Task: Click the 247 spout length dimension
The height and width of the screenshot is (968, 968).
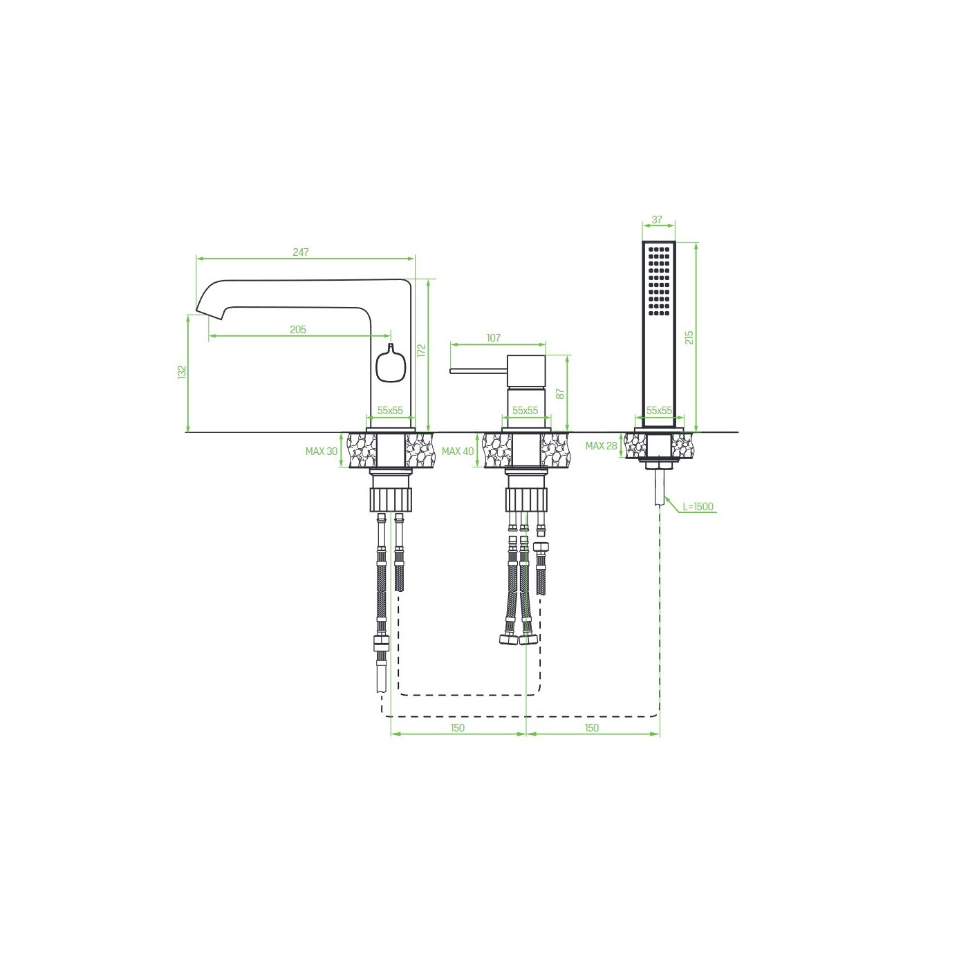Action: pos(300,252)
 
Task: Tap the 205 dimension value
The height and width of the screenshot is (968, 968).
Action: pos(298,330)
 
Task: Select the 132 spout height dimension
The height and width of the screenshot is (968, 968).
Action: pos(183,372)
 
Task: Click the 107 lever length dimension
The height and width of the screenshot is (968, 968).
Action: pos(494,338)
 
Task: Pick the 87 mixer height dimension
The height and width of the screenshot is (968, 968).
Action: pos(561,393)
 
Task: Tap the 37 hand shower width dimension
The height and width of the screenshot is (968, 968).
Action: pos(657,220)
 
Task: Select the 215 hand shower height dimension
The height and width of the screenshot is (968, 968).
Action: pos(689,337)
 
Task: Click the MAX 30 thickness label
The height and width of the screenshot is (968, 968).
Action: pos(322,452)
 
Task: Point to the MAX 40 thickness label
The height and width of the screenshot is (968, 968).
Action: pos(458,452)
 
